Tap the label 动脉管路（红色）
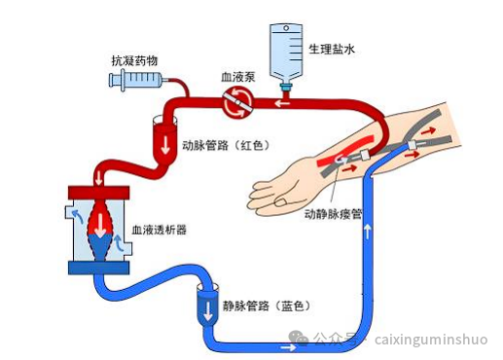225,146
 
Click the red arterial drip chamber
164,137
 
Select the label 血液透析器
159,231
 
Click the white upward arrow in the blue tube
369,233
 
